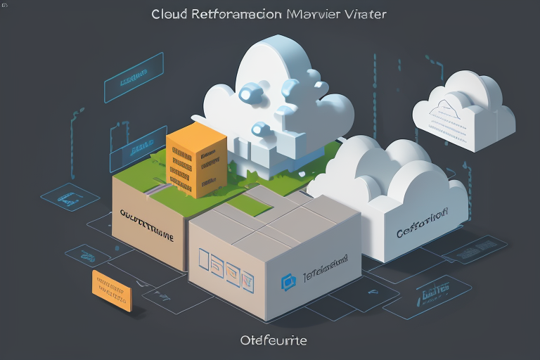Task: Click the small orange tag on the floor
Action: click(112, 290)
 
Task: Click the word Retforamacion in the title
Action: click(236, 14)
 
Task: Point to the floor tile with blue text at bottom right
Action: click(435, 290)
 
